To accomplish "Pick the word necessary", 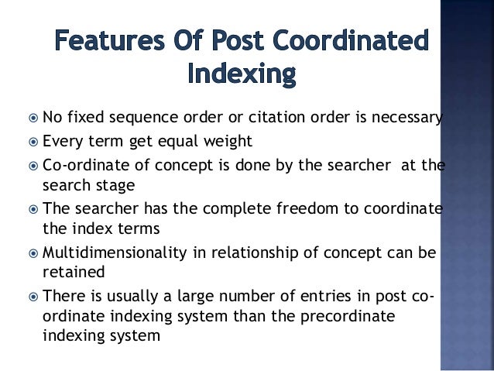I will coord(403,119).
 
